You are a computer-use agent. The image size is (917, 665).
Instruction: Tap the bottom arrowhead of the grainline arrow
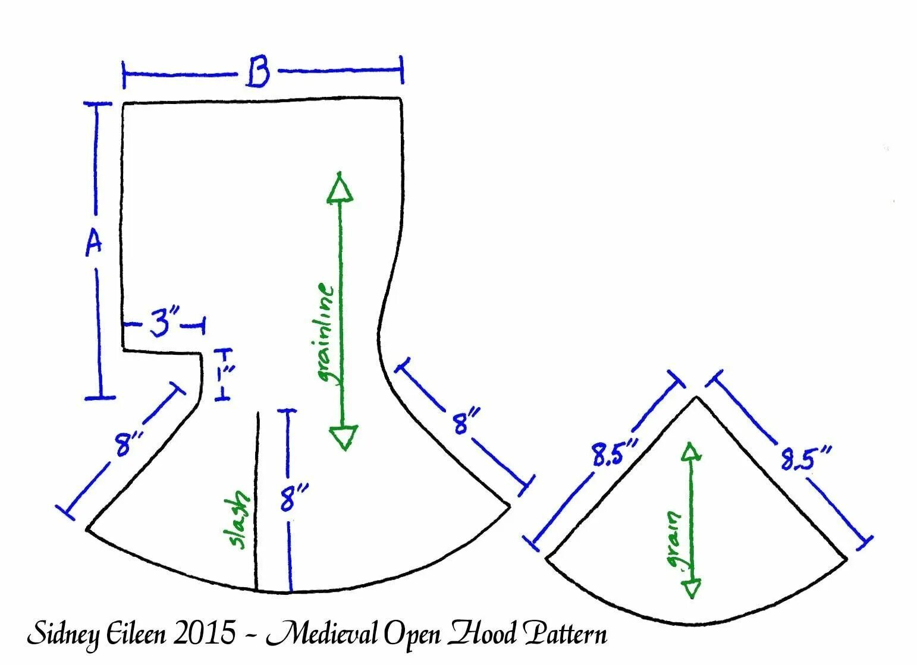[343, 437]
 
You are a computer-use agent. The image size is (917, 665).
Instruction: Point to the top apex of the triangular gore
[696, 397]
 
